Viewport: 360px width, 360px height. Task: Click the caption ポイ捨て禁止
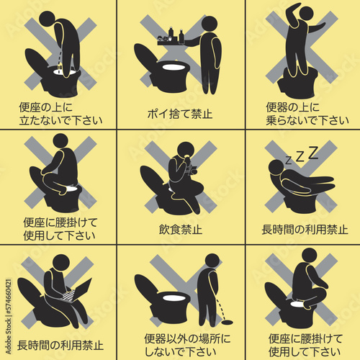pyautogui.click(x=180, y=114)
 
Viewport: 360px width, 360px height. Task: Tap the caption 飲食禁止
pyautogui.click(x=181, y=230)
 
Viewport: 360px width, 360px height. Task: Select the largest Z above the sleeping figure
pyautogui.click(x=313, y=153)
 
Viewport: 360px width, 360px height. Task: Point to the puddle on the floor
pyautogui.click(x=227, y=322)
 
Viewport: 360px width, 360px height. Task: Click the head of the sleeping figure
pyautogui.click(x=276, y=167)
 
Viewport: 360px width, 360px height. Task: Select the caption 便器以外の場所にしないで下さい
pyautogui.click(x=187, y=345)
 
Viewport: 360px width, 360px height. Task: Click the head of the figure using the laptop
pyautogui.click(x=61, y=263)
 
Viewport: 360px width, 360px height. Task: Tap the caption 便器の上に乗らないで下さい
pyautogui.click(x=307, y=114)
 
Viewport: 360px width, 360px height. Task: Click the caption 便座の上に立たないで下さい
pyautogui.click(x=60, y=114)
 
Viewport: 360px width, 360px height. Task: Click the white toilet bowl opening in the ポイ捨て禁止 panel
pyautogui.click(x=174, y=67)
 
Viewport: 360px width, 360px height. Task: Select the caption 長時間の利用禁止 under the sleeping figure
pyautogui.click(x=305, y=230)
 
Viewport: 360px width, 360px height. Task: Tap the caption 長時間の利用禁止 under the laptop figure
pyautogui.click(x=60, y=346)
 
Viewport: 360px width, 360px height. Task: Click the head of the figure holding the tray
pyautogui.click(x=210, y=24)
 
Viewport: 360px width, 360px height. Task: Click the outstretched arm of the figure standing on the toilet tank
pyautogui.click(x=316, y=27)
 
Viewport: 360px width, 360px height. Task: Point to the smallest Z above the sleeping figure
pyautogui.click(x=289, y=160)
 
